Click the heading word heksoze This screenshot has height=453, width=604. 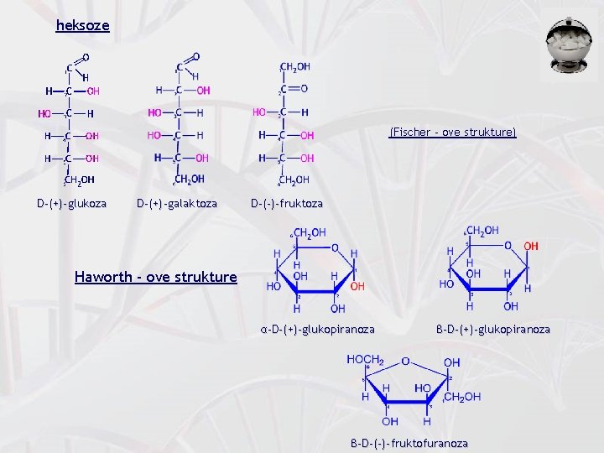point(82,25)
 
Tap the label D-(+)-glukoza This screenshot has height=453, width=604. point(71,203)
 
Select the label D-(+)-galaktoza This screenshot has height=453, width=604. point(177,203)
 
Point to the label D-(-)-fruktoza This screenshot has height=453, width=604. point(287,203)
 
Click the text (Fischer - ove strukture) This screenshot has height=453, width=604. point(452,132)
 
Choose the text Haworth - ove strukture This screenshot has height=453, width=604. point(155,277)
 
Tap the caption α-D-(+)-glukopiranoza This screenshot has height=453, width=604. point(317,330)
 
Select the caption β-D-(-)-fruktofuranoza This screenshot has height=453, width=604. point(409,443)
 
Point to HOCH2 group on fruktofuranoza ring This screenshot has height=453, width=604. point(366,360)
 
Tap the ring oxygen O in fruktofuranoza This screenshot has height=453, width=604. point(405,362)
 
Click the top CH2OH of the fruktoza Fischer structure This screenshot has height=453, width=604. point(295,67)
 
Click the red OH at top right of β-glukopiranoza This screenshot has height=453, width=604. point(531,246)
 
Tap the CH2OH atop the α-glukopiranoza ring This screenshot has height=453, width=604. point(310,232)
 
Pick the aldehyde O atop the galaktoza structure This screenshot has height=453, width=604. point(195,57)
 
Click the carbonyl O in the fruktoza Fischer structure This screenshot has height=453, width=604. point(304,89)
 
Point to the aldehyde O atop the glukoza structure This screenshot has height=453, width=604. point(86,57)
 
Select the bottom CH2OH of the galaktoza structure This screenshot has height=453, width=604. point(189,179)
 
